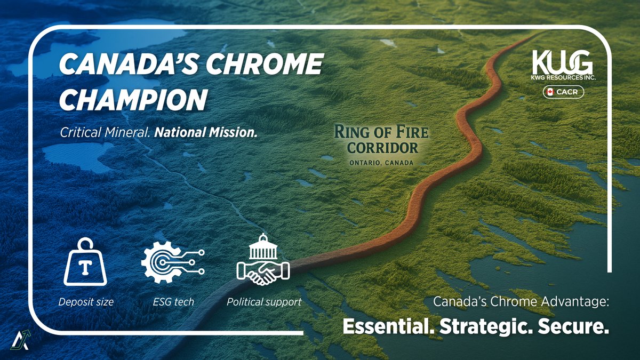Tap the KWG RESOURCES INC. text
(563, 78)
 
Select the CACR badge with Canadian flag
(563, 92)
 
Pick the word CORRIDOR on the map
(382, 147)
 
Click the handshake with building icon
(263, 260)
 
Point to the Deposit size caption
(86, 302)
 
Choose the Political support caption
(263, 302)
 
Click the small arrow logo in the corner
(18, 339)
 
